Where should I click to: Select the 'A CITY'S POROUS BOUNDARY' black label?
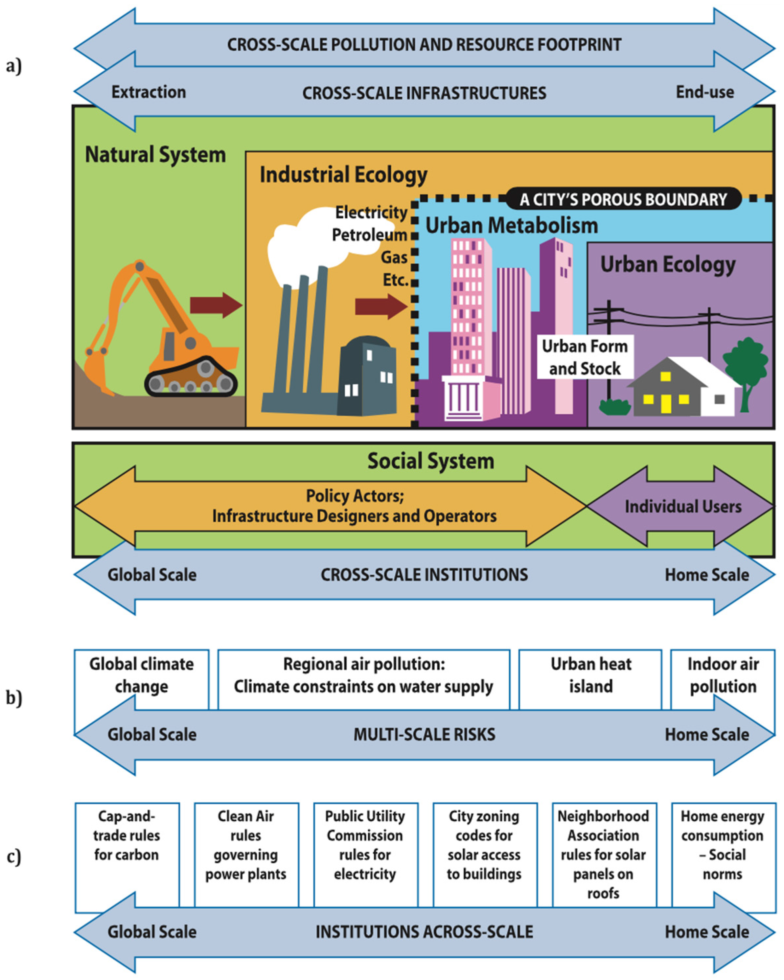click(x=623, y=199)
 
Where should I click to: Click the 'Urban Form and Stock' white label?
click(x=585, y=357)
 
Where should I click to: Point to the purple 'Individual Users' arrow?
click(x=681, y=506)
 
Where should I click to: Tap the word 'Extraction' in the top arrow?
click(x=149, y=92)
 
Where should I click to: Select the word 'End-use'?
click(x=705, y=92)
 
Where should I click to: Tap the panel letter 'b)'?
click(x=13, y=698)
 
